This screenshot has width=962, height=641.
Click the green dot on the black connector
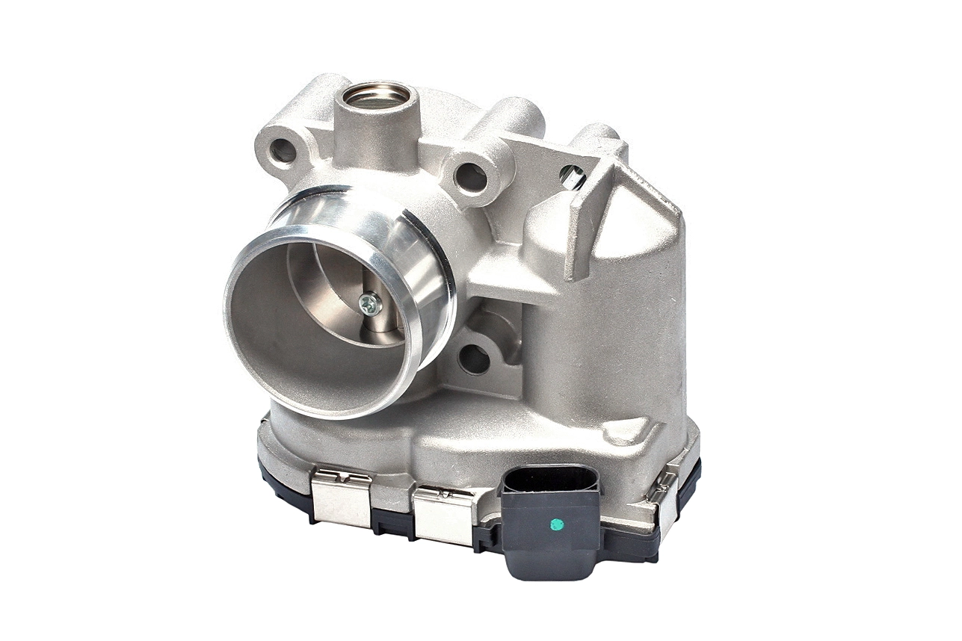[x=555, y=524]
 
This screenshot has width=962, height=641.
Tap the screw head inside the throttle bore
[x=369, y=303]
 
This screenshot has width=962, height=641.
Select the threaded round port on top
[x=376, y=96]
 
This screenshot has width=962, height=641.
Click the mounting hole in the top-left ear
[x=283, y=150]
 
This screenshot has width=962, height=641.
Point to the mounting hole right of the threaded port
[x=471, y=178]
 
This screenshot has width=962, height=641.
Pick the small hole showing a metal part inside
[x=572, y=177]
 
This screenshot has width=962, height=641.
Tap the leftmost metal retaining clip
[x=341, y=498]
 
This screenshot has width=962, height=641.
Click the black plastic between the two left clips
[x=392, y=520]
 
